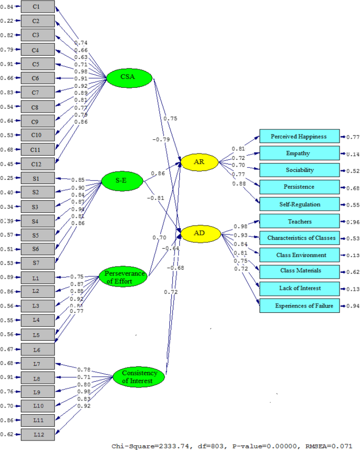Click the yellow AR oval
pos(199,162)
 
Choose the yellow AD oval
pos(199,232)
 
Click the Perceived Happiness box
pos(299,137)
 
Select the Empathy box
pos(299,154)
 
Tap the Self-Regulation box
pos(299,204)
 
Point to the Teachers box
pos(299,221)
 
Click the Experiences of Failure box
pos(299,305)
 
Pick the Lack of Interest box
pos(299,288)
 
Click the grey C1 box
pos(37,7)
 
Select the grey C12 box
pos(37,163)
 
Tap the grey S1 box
pos(37,178)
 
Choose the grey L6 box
pos(37,349)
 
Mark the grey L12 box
pos(37,434)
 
